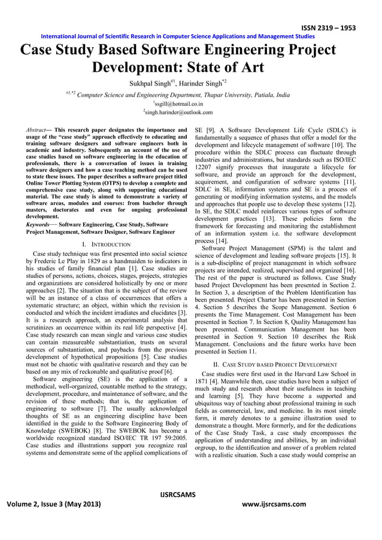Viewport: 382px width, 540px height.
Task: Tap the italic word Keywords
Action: tap(38, 224)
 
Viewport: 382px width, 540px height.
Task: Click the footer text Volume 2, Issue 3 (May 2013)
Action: tap(53, 504)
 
